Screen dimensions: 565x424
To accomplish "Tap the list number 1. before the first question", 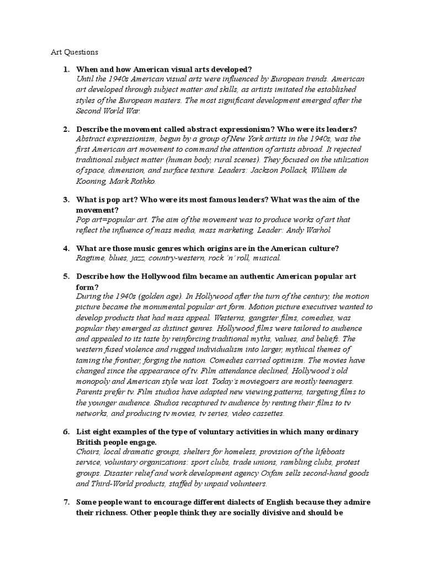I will pos(66,69).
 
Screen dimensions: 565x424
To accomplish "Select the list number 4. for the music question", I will pos(66,249).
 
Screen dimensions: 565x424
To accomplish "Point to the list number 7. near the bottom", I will pos(66,502).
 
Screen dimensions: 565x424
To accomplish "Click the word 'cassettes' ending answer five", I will pos(266,413).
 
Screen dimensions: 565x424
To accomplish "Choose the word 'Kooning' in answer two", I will pos(91,181).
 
